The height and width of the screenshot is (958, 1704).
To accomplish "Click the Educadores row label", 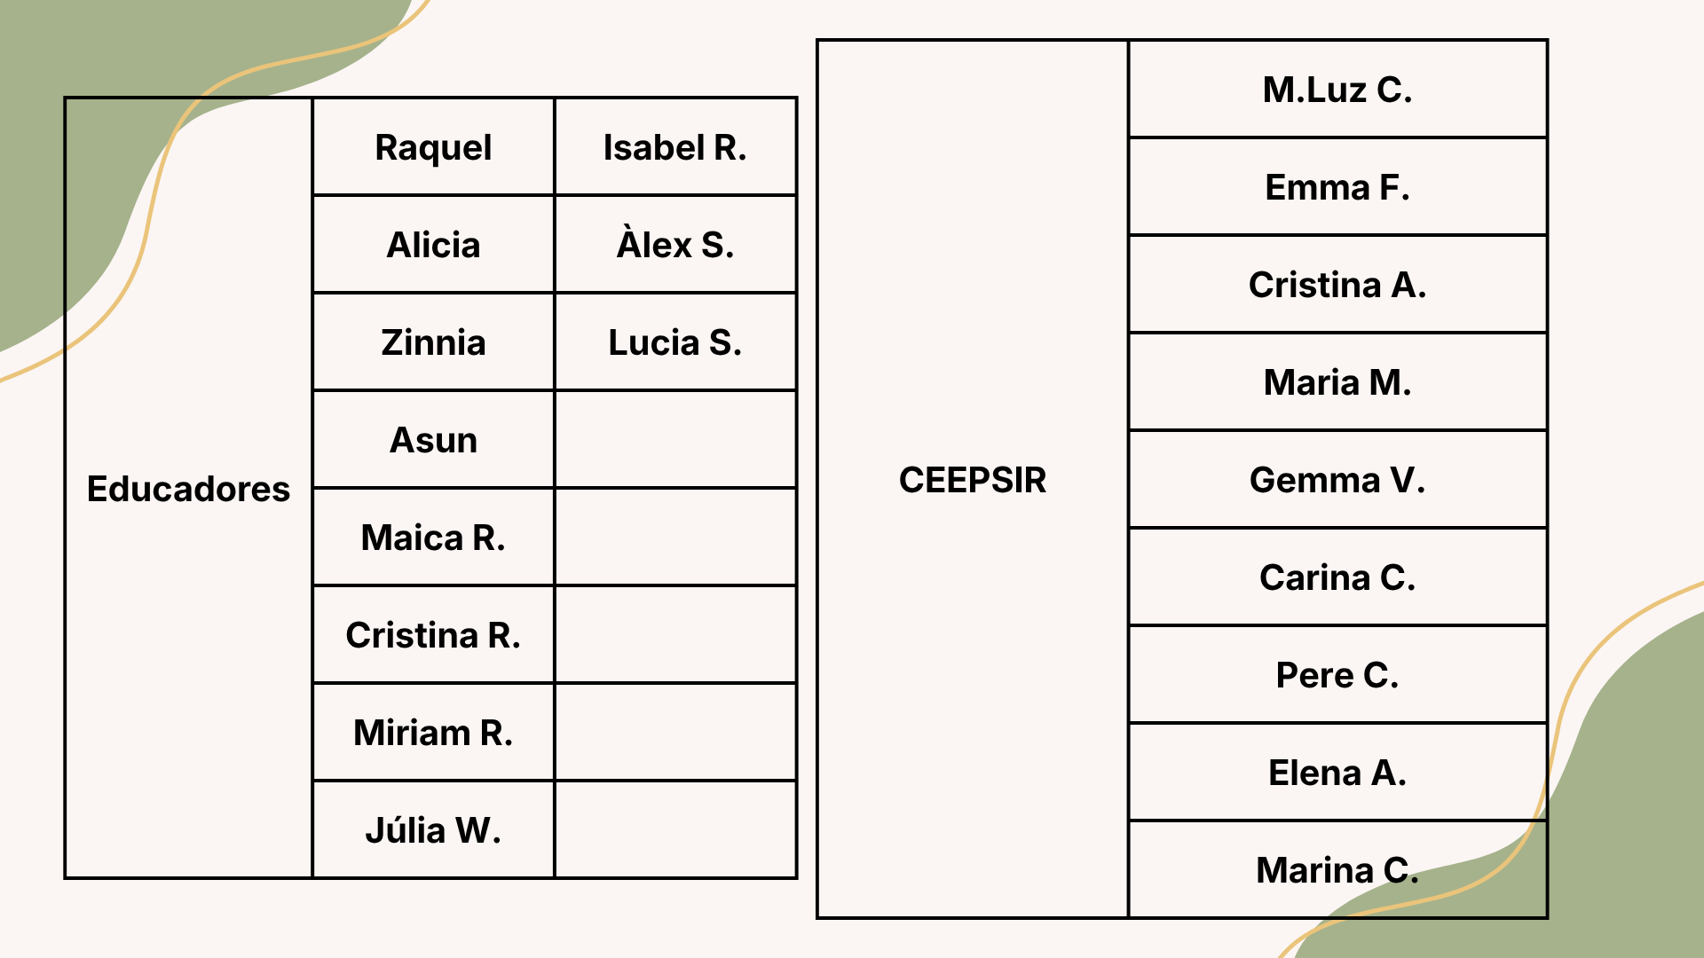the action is point(188,489).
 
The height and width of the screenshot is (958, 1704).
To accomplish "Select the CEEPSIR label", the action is point(973,480).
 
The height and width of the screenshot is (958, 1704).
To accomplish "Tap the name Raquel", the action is point(433,148).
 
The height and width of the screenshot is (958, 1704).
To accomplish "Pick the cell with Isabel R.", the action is point(674,147).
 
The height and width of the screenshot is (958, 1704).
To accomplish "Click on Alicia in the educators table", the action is point(433,245).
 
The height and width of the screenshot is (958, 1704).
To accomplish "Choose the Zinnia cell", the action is point(433,342).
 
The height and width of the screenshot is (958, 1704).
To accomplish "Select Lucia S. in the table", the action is point(674,342).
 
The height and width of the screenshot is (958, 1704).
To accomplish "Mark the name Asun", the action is point(433,440).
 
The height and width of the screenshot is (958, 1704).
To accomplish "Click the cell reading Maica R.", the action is point(433,538).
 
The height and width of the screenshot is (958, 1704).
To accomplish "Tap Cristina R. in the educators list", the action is point(433,635).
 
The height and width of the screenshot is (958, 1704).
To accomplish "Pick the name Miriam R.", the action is point(433,733).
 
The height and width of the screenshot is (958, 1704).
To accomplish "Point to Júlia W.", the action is point(433,829).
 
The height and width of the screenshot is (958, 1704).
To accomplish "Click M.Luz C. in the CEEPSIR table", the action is point(1337,90).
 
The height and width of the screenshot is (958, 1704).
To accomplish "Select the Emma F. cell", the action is point(1337,187).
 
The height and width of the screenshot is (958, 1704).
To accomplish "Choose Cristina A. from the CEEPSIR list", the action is point(1337,285).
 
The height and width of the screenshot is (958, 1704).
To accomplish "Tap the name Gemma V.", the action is point(1337,480).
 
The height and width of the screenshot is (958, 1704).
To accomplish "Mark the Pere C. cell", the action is point(1337,675).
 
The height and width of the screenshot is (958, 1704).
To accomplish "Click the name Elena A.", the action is point(1337,773).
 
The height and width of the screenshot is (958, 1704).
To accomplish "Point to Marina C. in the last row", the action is point(1337,870).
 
